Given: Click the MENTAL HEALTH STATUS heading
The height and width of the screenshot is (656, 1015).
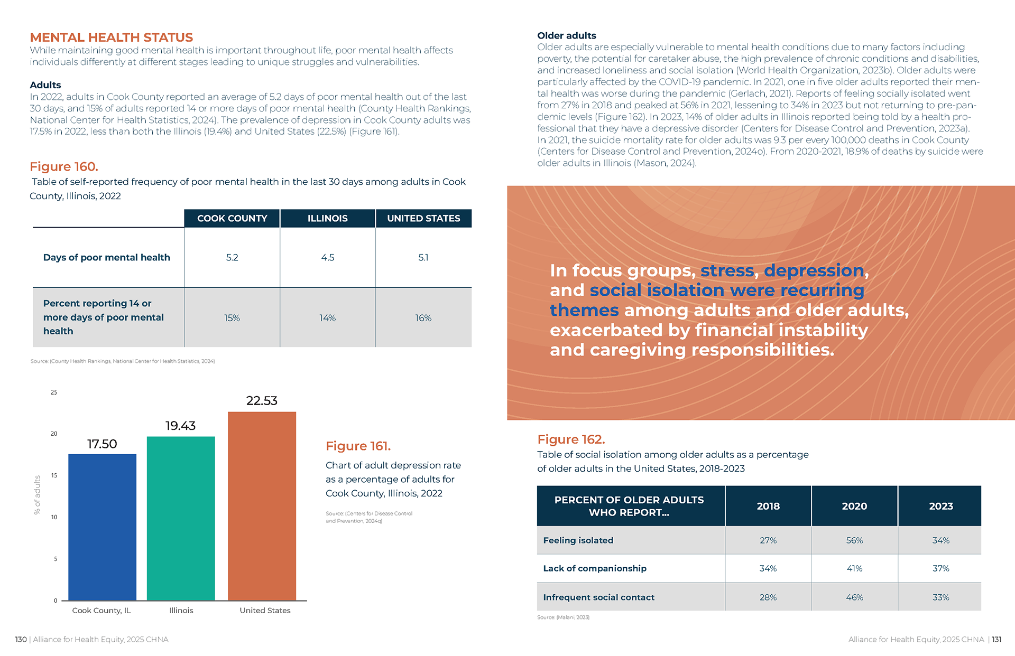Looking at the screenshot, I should (x=111, y=38).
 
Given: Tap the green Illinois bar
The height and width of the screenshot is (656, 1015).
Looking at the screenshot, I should (x=181, y=518).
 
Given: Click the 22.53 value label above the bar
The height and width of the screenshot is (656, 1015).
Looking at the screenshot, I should (x=262, y=401).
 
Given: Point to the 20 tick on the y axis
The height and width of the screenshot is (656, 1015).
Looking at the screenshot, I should (x=54, y=434).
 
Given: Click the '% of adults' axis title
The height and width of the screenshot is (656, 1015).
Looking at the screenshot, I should (x=37, y=494).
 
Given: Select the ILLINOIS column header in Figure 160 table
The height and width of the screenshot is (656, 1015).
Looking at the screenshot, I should (x=327, y=218).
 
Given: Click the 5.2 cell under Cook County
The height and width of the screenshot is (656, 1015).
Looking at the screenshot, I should (x=232, y=257).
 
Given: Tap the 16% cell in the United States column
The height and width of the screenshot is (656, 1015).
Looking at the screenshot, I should (x=423, y=318).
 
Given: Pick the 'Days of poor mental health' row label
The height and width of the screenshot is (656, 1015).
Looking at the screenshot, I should (x=106, y=257).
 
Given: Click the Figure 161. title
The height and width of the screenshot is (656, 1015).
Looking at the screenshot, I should (x=358, y=446).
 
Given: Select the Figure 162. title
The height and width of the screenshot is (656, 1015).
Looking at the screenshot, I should (x=571, y=439).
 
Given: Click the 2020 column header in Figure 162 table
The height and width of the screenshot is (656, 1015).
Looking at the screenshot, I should (x=854, y=506).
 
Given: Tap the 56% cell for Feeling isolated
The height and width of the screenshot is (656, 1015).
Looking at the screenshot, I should (x=854, y=540).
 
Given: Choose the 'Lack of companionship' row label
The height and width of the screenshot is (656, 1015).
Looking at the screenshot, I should (x=594, y=568).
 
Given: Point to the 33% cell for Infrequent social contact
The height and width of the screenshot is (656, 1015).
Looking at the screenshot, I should (x=940, y=597).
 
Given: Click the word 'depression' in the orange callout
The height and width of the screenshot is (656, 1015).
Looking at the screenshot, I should (x=814, y=270).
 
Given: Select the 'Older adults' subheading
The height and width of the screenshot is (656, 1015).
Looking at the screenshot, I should (x=566, y=35).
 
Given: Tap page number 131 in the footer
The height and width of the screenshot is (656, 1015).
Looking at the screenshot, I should (x=996, y=639).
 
